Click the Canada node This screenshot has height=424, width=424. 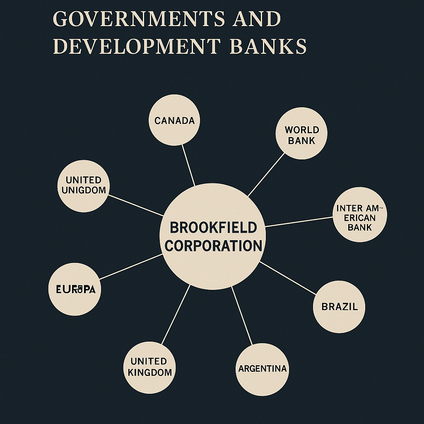point(174,120)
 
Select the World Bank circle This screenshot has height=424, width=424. point(301,133)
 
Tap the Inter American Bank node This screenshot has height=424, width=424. point(360,215)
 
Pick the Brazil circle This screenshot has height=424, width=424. point(339,307)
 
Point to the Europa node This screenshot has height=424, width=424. point(75,289)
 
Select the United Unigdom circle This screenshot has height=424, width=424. point(83,185)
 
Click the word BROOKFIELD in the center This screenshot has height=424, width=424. point(213,227)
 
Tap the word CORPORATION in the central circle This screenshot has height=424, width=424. point(213,246)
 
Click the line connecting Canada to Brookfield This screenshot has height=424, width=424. point(189,166)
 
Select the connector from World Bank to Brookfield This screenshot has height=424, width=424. point(266,174)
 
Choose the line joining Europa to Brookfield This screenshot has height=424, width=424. point(130,267)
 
